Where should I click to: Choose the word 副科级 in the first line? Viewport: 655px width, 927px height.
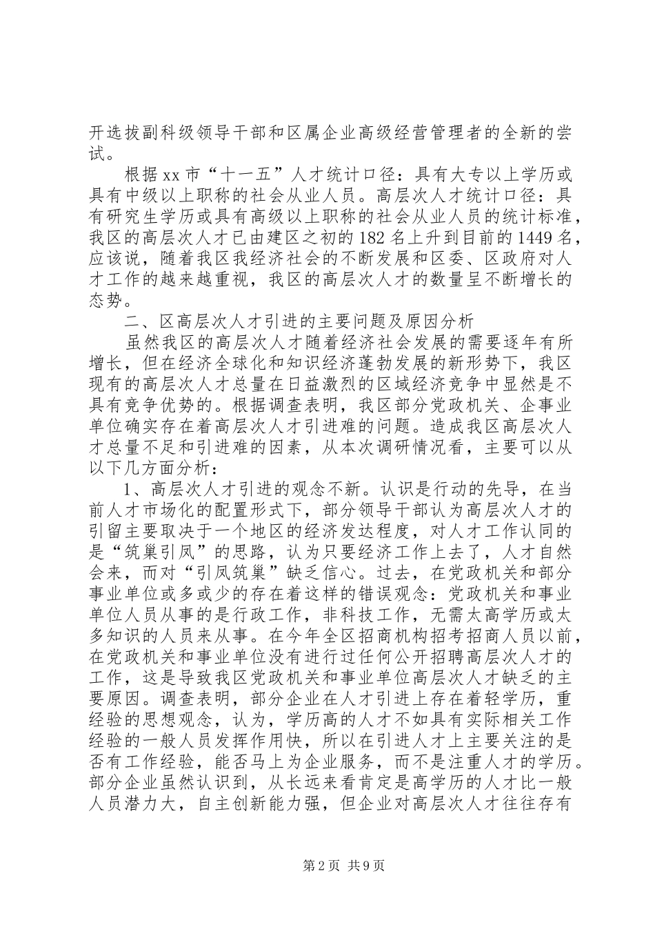[183, 131]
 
